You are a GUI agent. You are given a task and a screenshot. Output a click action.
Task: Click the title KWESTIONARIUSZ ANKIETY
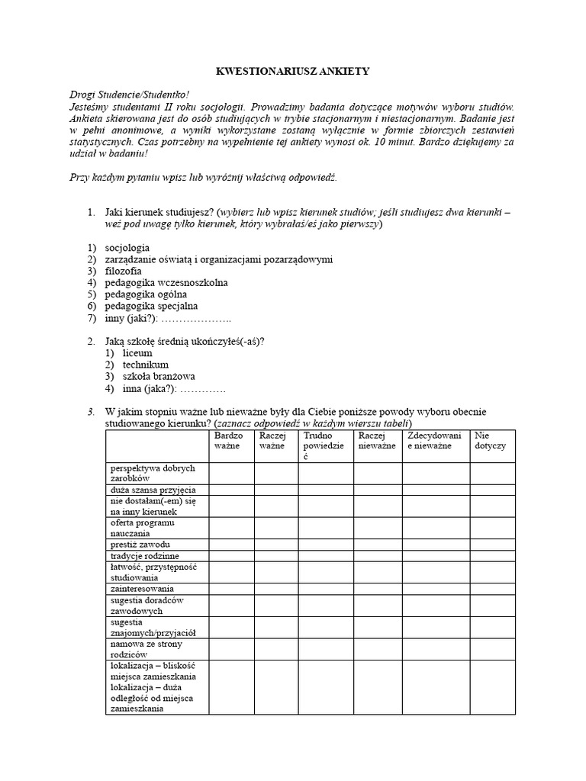coord(293,71)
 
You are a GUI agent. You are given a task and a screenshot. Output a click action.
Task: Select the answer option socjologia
coord(127,248)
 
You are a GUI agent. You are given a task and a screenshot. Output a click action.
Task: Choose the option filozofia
coord(123,271)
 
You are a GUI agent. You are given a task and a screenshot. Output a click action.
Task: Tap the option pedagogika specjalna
coord(151,305)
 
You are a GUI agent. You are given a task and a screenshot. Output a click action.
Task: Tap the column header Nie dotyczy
coord(491,440)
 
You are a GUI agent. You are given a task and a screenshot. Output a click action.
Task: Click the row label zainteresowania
coord(143,589)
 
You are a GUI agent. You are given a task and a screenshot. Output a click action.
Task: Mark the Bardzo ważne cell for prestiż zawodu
coord(231,545)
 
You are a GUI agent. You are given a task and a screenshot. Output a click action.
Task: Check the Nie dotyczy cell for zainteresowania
coord(492,589)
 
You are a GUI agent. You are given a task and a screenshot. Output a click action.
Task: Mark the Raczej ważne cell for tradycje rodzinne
coord(276,556)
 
